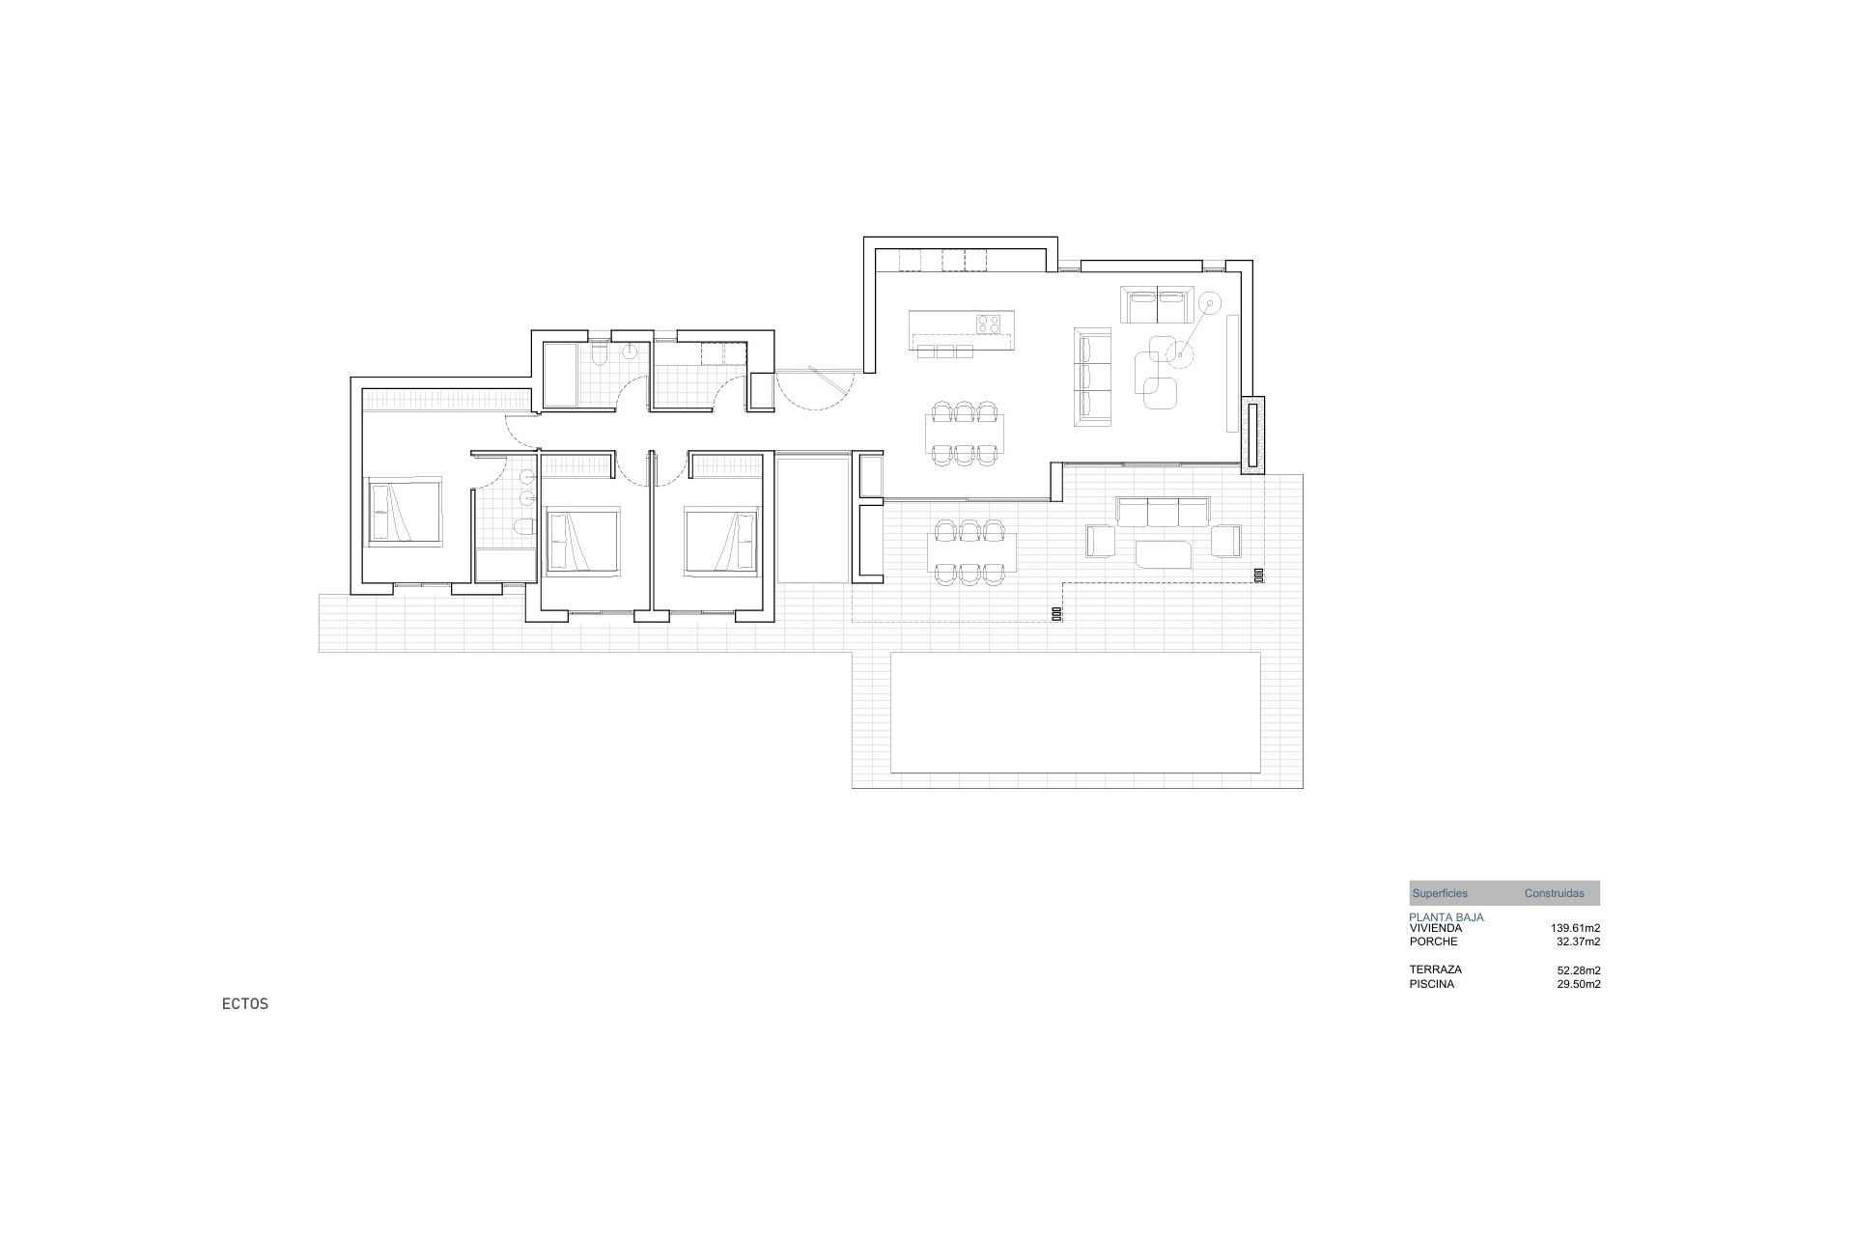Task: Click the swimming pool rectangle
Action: pos(1075,713)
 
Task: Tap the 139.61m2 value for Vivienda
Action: pos(1575,928)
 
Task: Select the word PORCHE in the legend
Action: pos(1433,941)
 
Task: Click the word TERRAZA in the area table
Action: pos(1435,969)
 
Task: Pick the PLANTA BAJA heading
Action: pos(1446,917)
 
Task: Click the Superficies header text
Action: pos(1439,893)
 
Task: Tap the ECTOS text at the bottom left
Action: pos(244,1004)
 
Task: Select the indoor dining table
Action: pos(964,434)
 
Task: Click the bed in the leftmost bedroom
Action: pos(404,511)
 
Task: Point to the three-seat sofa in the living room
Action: pos(1093,376)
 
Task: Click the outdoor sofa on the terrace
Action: pos(1163,512)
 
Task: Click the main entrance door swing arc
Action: pos(816,394)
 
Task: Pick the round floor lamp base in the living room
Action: pos(1207,303)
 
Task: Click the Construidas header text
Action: pos(1554,893)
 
